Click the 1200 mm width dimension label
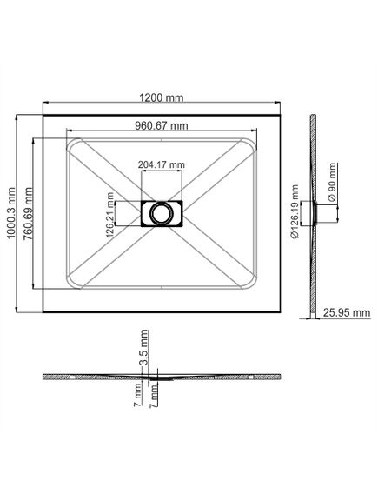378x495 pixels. [162, 97]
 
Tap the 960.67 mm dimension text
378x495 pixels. [162, 125]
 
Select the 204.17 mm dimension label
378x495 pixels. [162, 164]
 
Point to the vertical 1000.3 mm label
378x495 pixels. [11, 213]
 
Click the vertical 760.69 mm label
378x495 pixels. [28, 214]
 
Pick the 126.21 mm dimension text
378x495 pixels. [110, 214]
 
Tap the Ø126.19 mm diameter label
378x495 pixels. [295, 211]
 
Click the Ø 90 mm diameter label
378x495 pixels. [332, 182]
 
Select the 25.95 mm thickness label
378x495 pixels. [347, 312]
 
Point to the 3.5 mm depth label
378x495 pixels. [144, 347]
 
